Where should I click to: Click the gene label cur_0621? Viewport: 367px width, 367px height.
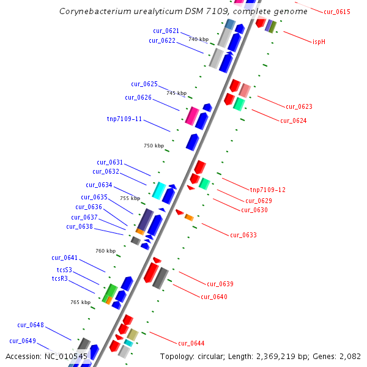pyautogui.click(x=166, y=31)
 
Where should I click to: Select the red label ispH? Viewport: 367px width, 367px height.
pyautogui.click(x=319, y=42)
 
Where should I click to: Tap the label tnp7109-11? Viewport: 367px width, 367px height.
pyautogui.click(x=124, y=119)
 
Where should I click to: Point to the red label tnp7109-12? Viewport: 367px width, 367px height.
pyautogui.click(x=267, y=190)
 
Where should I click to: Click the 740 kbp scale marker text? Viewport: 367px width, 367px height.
pyautogui.click(x=198, y=40)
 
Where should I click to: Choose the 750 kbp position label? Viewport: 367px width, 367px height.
pyautogui.click(x=154, y=146)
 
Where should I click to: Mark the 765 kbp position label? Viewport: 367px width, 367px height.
pyautogui.click(x=80, y=302)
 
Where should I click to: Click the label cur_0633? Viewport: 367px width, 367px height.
pyautogui.click(x=243, y=235)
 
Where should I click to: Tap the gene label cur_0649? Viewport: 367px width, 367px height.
pyautogui.click(x=23, y=341)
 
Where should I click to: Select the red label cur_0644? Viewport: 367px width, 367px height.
pyautogui.click(x=191, y=343)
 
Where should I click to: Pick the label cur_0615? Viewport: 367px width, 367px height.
pyautogui.click(x=337, y=12)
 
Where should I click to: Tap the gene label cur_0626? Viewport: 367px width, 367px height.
pyautogui.click(x=138, y=97)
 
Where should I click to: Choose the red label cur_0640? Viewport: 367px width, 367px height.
pyautogui.click(x=213, y=297)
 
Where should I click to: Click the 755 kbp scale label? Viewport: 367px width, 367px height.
pyautogui.click(x=130, y=198)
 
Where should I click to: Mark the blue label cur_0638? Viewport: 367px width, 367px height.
pyautogui.click(x=80, y=226)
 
